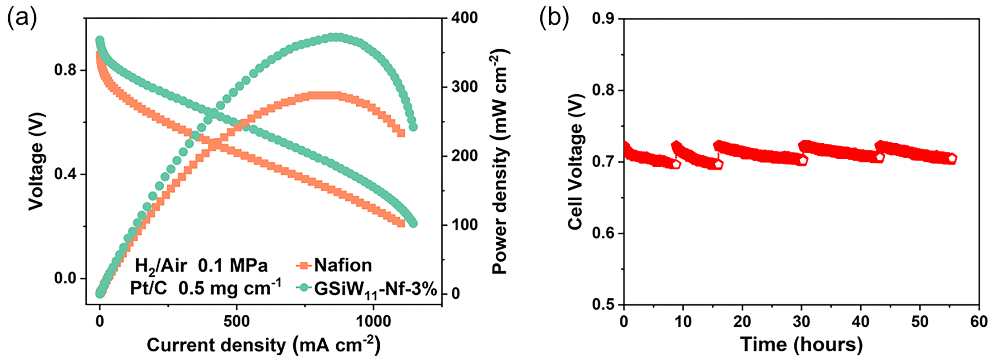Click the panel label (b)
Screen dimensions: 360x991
[554, 18]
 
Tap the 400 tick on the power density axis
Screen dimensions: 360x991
[464, 18]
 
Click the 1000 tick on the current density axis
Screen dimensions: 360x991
[373, 321]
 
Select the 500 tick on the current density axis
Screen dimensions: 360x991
[236, 321]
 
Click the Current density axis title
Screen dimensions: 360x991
[263, 345]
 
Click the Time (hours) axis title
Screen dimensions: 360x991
[801, 344]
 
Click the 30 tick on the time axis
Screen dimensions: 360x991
[801, 321]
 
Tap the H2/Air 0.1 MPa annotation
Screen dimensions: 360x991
[201, 266]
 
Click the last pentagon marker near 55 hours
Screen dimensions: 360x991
[952, 158]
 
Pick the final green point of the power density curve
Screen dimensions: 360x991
[413, 127]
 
